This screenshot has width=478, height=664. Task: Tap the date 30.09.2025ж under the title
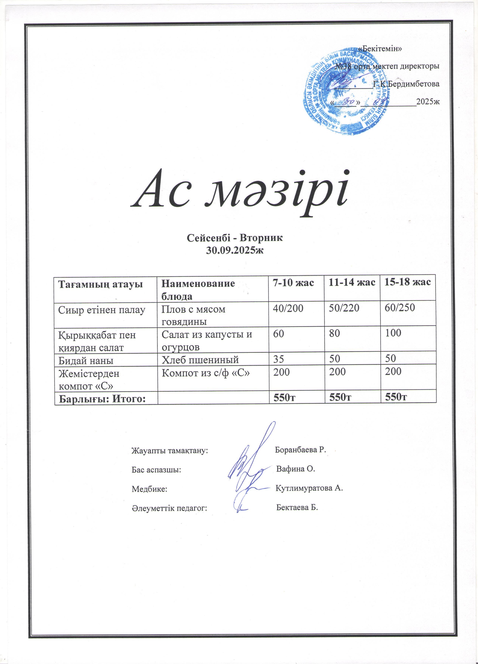(235, 250)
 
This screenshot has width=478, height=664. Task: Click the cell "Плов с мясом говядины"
(194, 315)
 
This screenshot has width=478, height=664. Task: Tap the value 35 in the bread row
(278, 359)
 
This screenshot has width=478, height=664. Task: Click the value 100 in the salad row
(393, 333)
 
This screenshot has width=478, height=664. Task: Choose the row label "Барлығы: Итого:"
(102, 399)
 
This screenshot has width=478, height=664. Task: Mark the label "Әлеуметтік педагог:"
(169, 508)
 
